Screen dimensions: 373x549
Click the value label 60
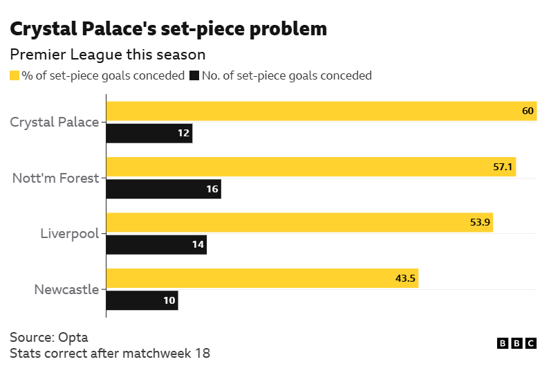[528, 111]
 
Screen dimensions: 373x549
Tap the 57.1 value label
[503, 167]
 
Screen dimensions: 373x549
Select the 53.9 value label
[481, 223]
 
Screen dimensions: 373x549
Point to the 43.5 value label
[406, 278]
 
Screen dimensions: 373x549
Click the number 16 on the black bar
[212, 189]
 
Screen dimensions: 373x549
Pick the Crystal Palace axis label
[55, 122]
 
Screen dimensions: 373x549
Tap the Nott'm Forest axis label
[56, 178]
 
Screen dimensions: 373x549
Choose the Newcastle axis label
[66, 289]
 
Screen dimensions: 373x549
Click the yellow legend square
[15, 75]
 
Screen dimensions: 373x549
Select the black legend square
[194, 75]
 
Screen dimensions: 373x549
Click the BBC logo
[517, 343]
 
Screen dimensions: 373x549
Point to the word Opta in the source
[73, 337]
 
